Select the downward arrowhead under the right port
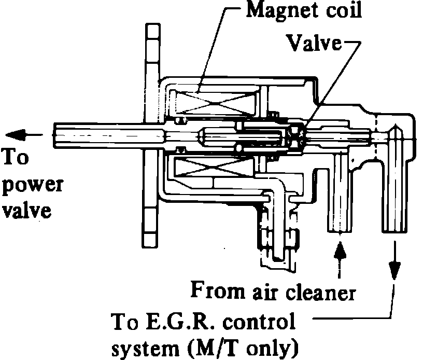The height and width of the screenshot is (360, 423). coord(394,267)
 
